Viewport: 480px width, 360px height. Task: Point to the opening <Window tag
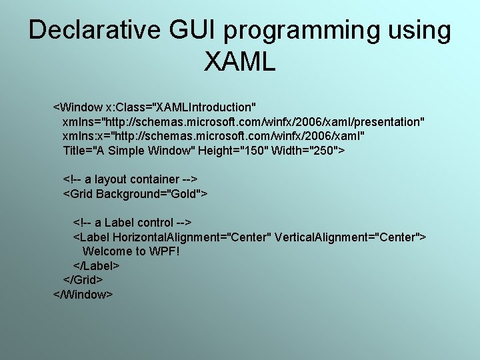tap(78, 107)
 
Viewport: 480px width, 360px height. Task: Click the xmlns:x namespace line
tap(213, 136)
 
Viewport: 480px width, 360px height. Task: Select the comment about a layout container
tap(130, 179)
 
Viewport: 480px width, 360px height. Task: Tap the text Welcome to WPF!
tap(131, 251)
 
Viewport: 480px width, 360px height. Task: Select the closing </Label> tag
tap(96, 266)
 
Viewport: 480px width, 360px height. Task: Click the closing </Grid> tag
tap(83, 280)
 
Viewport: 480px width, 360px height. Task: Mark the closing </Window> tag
tap(83, 295)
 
